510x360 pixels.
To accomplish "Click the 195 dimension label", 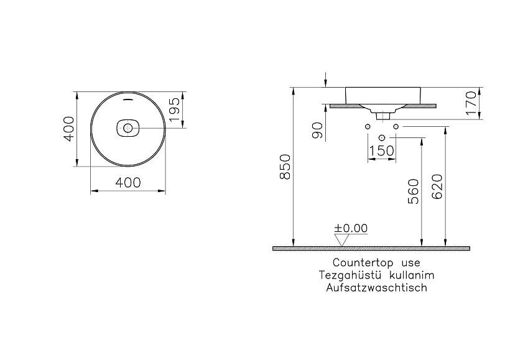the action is pos(175,109).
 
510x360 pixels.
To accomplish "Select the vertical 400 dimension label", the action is pos(68,129).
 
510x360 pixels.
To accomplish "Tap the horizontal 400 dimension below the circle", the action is pos(128,183).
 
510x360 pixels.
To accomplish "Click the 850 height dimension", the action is pos(285,167).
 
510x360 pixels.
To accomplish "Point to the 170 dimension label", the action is pos(471,103).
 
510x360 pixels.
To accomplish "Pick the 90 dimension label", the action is pos(317,131).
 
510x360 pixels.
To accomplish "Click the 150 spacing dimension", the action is pos(381,151).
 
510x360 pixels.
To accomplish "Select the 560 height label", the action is pos(414,192).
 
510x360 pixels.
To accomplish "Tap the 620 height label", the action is pos(437,187).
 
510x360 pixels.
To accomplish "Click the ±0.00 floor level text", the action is pos(351,228).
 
